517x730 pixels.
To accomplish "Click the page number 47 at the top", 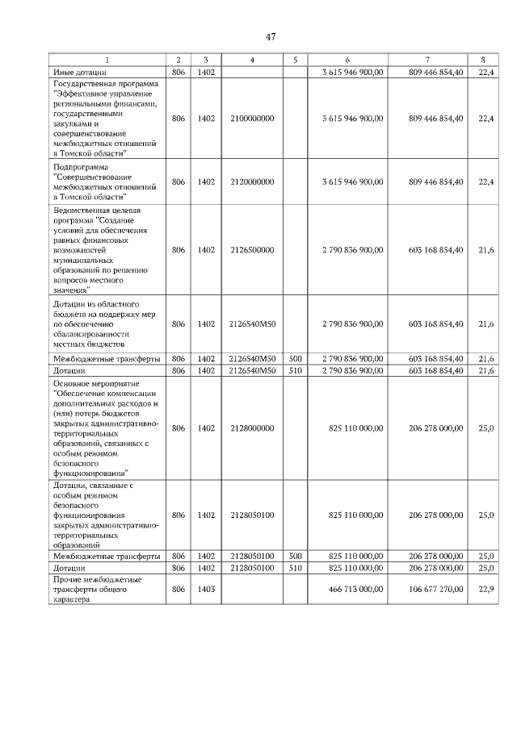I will (x=270, y=36).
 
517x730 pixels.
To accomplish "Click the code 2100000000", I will (x=252, y=119).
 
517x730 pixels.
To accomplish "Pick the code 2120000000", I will (x=252, y=181).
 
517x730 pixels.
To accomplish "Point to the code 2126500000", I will (x=252, y=250).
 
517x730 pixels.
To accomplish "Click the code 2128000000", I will (x=252, y=428).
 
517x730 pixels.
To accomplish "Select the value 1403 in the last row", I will (x=206, y=590).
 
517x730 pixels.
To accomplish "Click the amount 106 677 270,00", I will (x=436, y=590).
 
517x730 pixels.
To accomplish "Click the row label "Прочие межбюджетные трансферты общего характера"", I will (x=97, y=590).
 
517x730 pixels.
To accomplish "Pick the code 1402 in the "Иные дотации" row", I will (x=206, y=73).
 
